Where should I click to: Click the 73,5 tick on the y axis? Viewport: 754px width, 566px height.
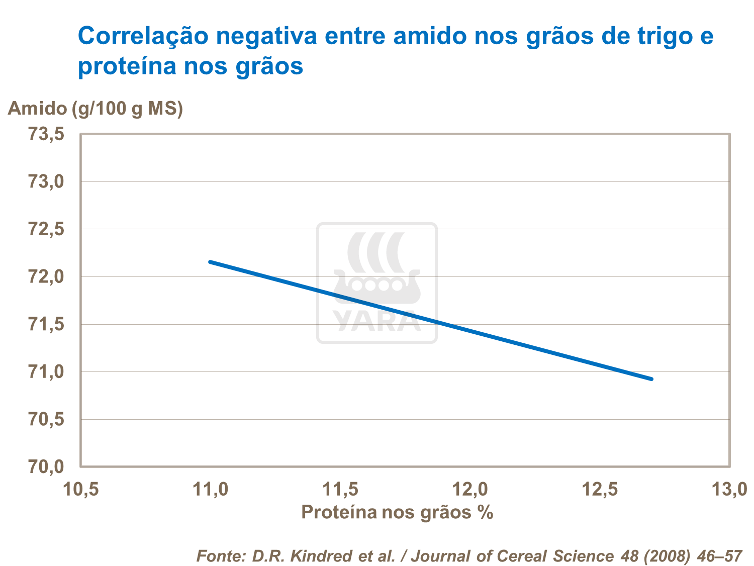(46, 135)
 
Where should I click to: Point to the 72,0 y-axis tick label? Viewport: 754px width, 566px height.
(46, 277)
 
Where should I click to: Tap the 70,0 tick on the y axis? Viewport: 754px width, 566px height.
(46, 467)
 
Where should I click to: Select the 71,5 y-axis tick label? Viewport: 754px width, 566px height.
(46, 325)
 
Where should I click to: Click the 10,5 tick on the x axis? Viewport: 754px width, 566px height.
(81, 489)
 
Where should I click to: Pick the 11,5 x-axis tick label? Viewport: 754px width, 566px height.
(340, 489)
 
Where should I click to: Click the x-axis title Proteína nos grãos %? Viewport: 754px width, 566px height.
(397, 512)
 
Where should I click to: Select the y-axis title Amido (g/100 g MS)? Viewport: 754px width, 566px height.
(96, 108)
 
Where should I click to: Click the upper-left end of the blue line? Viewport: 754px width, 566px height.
(210, 262)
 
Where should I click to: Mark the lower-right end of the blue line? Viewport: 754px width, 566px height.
(651, 379)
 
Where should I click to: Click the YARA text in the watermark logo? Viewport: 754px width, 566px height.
(377, 321)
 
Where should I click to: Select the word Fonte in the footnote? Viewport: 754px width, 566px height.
(220, 556)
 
